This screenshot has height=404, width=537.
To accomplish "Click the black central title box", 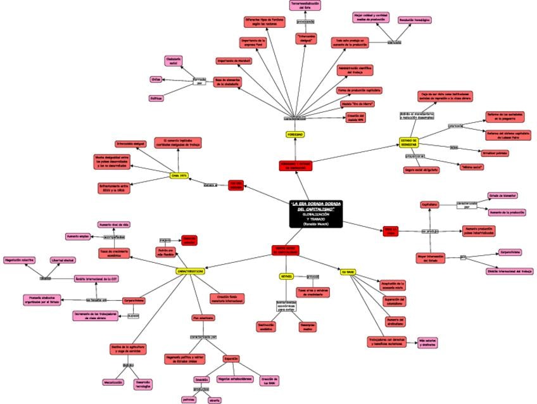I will point(316,213).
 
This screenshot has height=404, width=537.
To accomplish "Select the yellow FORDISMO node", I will point(295,134).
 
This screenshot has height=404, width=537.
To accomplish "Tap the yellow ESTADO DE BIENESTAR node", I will point(408,142).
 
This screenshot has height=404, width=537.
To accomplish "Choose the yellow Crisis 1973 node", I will point(179,175).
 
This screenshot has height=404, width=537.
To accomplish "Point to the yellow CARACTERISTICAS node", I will point(190,270).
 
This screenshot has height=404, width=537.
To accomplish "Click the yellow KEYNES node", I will point(286,277).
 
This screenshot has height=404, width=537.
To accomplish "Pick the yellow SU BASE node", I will point(347,272).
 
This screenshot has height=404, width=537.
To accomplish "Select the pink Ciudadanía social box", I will point(174,61).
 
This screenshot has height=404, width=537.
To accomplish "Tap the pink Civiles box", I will point(156,79).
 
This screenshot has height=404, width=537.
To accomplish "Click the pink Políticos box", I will point(156,98).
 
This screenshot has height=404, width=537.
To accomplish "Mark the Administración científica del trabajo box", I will point(355,70).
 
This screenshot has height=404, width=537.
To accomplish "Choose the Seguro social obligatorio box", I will point(421,170).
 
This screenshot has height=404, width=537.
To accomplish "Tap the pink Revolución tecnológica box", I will point(415,20).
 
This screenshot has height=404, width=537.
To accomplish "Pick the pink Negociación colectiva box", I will point(20,260).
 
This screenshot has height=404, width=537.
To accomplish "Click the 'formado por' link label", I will point(199,81).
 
